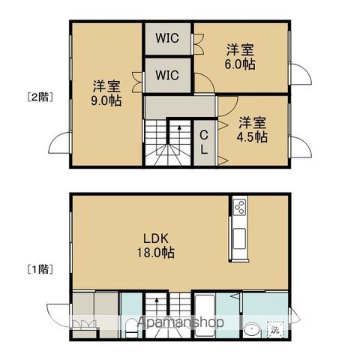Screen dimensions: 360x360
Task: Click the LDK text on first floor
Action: click(x=156, y=238)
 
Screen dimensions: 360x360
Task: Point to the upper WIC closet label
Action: click(x=167, y=38)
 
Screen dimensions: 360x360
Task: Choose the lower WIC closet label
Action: click(x=167, y=75)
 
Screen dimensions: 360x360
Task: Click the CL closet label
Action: click(x=204, y=142)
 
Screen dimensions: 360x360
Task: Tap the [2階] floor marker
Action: click(x=40, y=97)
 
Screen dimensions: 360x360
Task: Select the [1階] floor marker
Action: click(x=40, y=269)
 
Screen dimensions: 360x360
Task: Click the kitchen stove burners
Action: click(x=239, y=207)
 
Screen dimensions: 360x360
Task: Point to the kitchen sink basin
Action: click(x=239, y=238)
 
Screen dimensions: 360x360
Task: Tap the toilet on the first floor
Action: click(x=131, y=328)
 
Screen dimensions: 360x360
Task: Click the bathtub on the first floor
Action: click(x=205, y=316)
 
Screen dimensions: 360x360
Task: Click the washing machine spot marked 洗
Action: click(x=275, y=329)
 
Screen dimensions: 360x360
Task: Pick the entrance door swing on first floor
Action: click(x=58, y=315)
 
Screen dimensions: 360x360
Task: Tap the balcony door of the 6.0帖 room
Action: click(x=301, y=74)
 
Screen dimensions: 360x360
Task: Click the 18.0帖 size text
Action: click(x=155, y=253)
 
